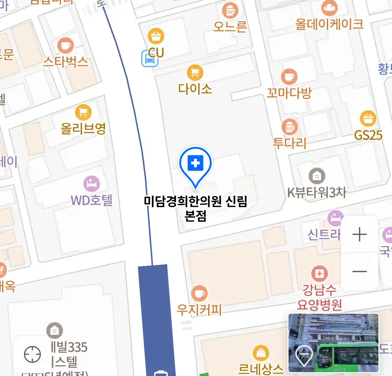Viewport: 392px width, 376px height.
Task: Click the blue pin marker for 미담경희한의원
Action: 195,164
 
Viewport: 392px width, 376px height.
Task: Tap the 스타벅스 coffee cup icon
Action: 65,45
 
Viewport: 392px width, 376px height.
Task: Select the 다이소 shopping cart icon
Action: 195,73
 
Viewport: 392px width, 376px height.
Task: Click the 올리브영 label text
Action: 83,129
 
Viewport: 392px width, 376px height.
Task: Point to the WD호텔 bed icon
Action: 92,184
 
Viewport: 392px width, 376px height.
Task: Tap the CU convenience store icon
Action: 156,36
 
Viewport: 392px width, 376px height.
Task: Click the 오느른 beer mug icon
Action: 230,10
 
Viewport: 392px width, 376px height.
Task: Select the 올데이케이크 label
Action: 329,24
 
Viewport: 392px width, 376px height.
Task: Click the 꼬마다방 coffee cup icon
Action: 289,77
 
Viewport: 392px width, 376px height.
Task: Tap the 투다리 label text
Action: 289,143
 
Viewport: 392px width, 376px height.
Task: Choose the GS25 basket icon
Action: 368,119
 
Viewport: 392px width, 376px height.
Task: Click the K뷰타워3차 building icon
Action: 316,176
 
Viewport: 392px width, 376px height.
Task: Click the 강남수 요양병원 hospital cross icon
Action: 319,274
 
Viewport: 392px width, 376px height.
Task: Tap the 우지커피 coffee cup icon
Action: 199,293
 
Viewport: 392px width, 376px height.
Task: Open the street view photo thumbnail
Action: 333,343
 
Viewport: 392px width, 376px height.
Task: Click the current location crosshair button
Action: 32,355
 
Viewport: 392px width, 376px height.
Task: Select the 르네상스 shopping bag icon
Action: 261,353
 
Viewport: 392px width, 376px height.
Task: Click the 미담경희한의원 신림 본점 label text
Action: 195,208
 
